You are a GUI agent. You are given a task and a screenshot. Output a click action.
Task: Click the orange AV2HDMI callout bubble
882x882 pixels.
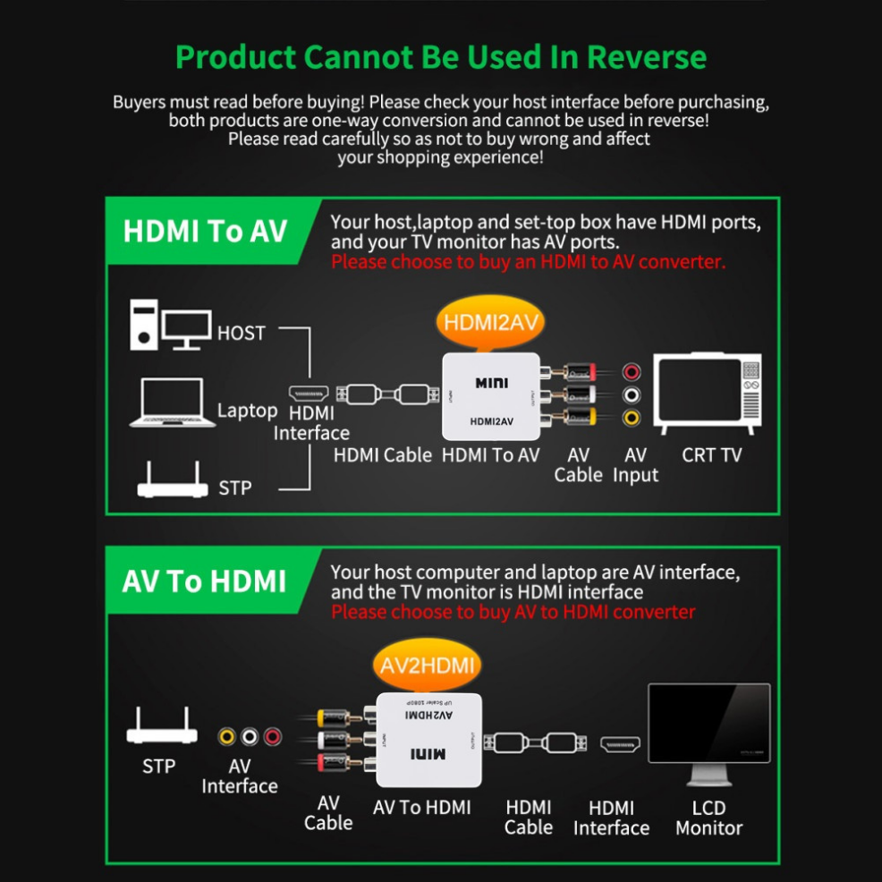tap(425, 666)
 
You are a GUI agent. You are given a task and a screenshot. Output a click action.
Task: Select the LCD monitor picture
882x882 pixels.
tap(709, 730)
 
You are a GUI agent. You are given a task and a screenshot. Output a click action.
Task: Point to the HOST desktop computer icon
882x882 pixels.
tap(170, 325)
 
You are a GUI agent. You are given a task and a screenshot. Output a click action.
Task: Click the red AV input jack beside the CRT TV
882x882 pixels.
tap(632, 371)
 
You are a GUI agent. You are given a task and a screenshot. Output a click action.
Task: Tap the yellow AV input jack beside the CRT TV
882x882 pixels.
tap(632, 417)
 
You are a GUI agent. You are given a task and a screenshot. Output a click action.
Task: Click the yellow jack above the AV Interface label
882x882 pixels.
tap(227, 737)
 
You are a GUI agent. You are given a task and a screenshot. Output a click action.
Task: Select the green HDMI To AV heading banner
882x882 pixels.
tap(205, 232)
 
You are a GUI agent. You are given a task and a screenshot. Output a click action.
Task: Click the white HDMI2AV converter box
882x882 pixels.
tap(491, 395)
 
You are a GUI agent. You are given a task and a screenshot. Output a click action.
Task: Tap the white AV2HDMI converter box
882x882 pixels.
tap(428, 739)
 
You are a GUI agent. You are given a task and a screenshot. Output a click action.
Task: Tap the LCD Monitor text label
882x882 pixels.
tap(709, 818)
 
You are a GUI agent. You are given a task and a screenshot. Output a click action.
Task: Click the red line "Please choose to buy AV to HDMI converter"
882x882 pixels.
tap(513, 612)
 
